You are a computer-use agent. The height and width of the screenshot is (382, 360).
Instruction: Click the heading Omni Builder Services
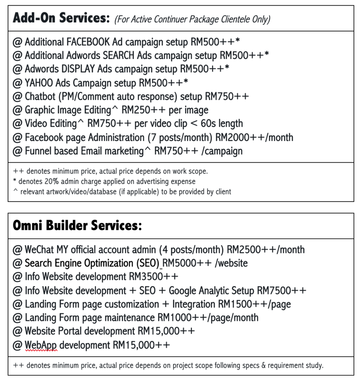(77, 226)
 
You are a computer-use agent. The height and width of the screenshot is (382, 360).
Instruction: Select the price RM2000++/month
(254, 137)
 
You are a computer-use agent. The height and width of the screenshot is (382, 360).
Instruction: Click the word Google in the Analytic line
(184, 290)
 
